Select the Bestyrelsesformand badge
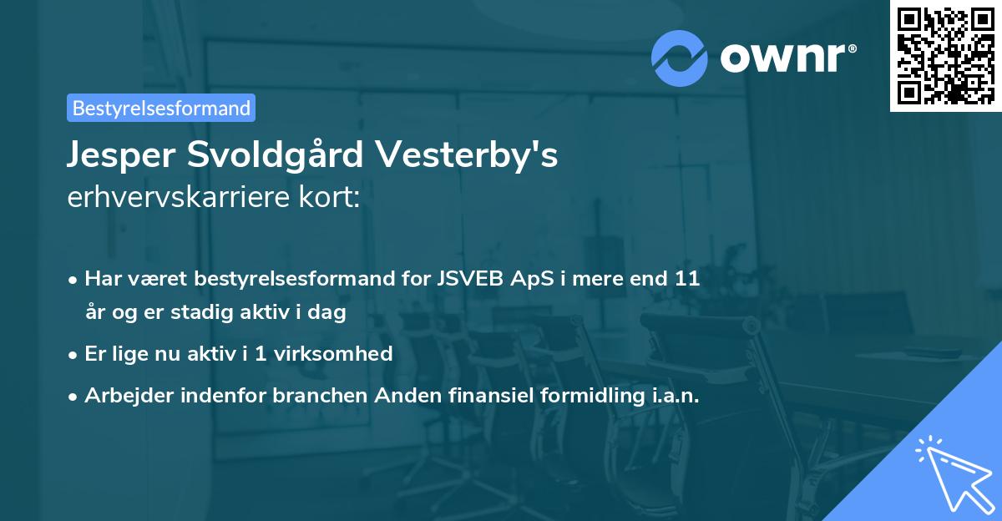click(x=161, y=108)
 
